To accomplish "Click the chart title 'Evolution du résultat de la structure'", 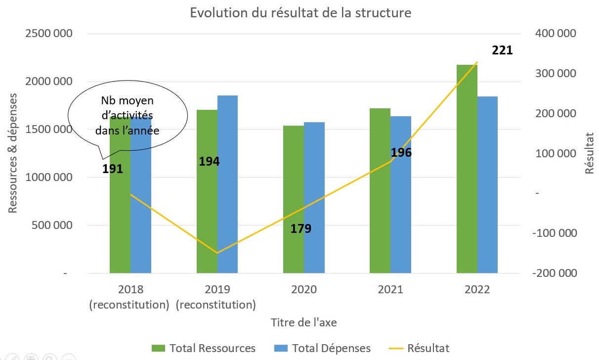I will tap(300, 13).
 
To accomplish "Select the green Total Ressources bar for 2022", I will tap(467, 168).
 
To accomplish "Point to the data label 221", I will tap(502, 50).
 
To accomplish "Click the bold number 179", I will tap(300, 229).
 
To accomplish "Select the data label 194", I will tap(209, 161).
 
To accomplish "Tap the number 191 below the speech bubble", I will tap(113, 169).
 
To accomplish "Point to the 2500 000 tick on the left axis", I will tap(47, 34).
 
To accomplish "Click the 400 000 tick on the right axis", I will tap(556, 34).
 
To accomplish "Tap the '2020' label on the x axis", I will tap(304, 289).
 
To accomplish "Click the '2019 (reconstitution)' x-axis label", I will tap(216, 297).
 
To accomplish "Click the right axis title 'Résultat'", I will tap(589, 153).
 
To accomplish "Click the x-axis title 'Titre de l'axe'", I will tap(304, 322).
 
